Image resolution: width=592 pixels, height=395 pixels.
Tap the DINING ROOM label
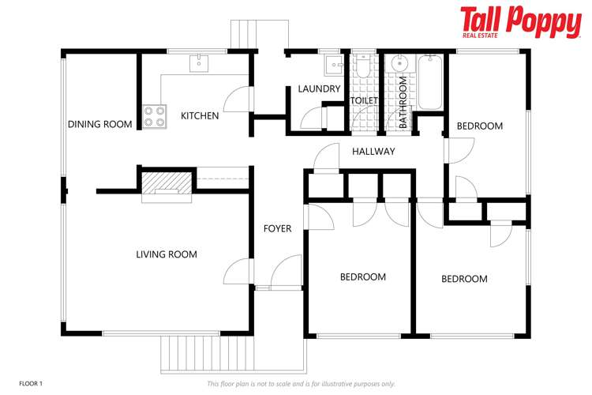pyautogui.click(x=99, y=124)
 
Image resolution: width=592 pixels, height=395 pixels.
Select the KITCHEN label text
pyautogui.click(x=200, y=116)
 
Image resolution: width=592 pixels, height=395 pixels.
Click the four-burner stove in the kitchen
pyautogui.click(x=155, y=116)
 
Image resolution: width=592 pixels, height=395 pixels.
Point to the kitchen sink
pyautogui.click(x=199, y=62)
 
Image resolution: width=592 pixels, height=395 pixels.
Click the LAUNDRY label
pyautogui.click(x=319, y=89)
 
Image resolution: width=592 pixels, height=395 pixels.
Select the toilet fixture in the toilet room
pyautogui.click(x=363, y=68)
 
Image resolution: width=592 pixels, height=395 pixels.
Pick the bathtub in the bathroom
pyautogui.click(x=430, y=81)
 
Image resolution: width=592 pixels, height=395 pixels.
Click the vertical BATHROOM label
pyautogui.click(x=403, y=103)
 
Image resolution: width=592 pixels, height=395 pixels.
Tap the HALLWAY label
pyautogui.click(x=373, y=152)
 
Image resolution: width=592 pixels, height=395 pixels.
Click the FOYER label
pyautogui.click(x=277, y=229)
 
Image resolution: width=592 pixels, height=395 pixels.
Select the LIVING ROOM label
pyautogui.click(x=167, y=254)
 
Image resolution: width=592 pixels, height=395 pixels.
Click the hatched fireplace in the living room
pyautogui.click(x=166, y=183)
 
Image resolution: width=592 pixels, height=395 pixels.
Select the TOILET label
pyautogui.click(x=364, y=100)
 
